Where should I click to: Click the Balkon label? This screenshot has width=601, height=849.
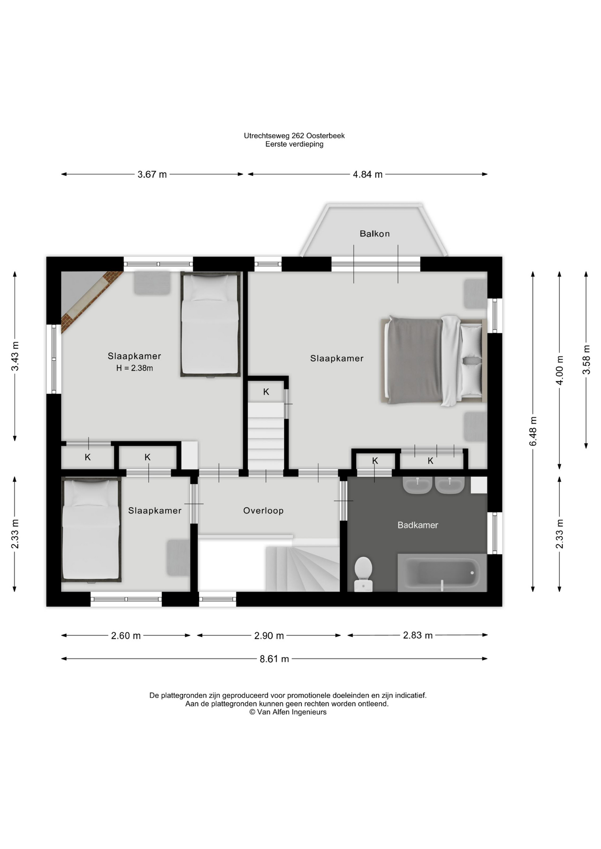tap(374, 233)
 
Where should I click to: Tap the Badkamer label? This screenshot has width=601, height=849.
tap(418, 525)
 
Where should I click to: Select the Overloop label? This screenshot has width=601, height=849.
tap(263, 511)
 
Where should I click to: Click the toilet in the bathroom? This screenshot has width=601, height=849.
tap(363, 574)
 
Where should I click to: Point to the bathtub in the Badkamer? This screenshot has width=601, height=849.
tap(442, 573)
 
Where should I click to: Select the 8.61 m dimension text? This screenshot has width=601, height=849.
tap(274, 659)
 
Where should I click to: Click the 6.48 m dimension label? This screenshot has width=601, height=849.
tap(533, 431)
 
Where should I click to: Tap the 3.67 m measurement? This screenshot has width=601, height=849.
tap(152, 174)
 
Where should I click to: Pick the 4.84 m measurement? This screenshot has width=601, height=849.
tap(368, 174)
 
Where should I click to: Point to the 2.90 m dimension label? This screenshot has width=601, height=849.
tap(269, 635)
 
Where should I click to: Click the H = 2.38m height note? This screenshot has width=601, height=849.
tap(135, 368)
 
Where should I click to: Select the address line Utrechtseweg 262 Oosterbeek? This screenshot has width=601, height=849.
tap(294, 136)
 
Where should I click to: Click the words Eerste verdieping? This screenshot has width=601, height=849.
tap(294, 144)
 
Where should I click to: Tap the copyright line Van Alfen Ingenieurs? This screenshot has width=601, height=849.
tap(288, 712)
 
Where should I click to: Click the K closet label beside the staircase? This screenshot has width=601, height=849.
tap(266, 392)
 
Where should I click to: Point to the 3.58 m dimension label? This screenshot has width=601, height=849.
tap(586, 359)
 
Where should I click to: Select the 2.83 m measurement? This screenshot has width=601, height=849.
tap(418, 635)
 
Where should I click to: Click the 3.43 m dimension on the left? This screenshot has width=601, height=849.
tap(15, 356)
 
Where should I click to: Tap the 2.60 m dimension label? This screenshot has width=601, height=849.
tap(126, 635)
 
